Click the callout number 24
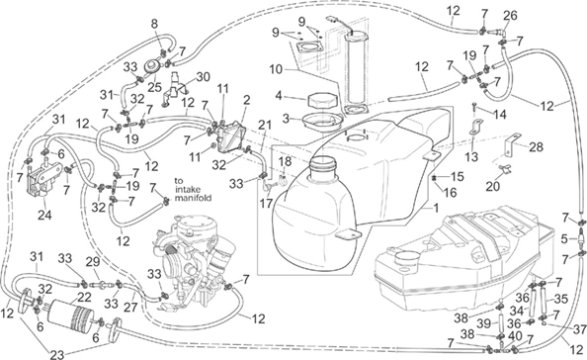tap(44, 215)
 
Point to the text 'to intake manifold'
tap(193, 189)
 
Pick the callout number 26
tap(510, 16)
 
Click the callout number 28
tap(536, 146)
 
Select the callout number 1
tap(436, 208)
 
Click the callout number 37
tap(579, 329)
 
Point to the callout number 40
tap(516, 336)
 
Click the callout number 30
tap(203, 77)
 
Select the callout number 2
tap(246, 100)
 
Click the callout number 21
tap(266, 126)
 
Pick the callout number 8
tap(154, 24)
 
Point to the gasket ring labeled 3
tap(322, 122)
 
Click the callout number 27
tap(130, 307)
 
